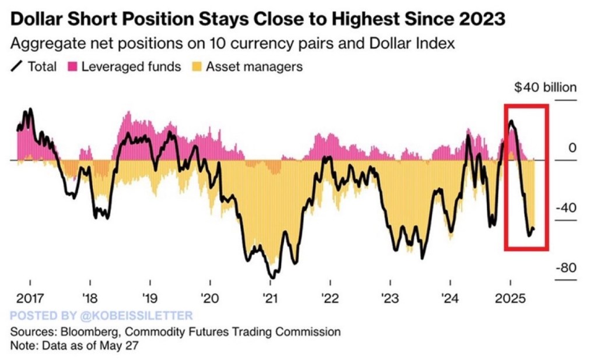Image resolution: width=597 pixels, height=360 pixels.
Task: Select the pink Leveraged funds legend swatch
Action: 73,66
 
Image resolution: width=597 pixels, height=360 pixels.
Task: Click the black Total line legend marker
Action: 17,66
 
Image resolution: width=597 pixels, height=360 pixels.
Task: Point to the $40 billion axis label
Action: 545,88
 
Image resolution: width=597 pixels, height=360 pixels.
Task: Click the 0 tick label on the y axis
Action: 572,148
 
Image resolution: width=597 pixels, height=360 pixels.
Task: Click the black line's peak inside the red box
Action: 511,121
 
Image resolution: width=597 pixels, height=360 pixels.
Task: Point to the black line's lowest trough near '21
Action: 272,276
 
